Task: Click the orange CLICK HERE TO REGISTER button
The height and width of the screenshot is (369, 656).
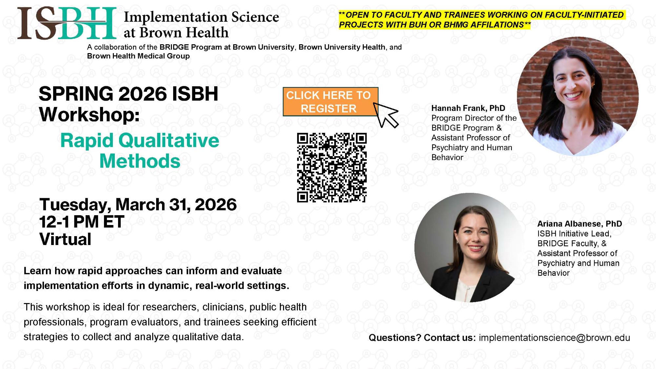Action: pyautogui.click(x=330, y=102)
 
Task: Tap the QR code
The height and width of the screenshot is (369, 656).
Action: pyautogui.click(x=332, y=167)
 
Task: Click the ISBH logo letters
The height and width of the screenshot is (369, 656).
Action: pyautogui.click(x=67, y=24)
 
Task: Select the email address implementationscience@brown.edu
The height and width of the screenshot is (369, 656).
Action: pyautogui.click(x=554, y=338)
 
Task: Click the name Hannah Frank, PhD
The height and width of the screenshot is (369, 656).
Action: pyautogui.click(x=468, y=108)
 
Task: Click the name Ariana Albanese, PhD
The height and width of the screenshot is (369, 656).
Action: pyautogui.click(x=579, y=224)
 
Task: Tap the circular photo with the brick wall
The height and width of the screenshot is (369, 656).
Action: pyautogui.click(x=578, y=96)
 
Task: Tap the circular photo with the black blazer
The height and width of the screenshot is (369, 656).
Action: pyautogui.click(x=469, y=248)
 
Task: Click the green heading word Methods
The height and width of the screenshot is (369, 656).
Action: pyautogui.click(x=140, y=161)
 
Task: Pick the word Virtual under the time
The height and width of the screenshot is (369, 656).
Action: pyautogui.click(x=65, y=239)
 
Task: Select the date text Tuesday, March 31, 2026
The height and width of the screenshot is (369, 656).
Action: pyautogui.click(x=138, y=205)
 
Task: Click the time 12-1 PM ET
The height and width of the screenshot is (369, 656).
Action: pyautogui.click(x=82, y=222)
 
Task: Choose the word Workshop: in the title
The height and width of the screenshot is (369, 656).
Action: pyautogui.click(x=89, y=114)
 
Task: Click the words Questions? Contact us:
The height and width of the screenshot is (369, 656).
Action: pyautogui.click(x=422, y=338)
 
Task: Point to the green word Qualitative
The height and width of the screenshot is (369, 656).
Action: pyautogui.click(x=169, y=141)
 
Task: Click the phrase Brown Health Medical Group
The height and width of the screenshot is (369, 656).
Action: pyautogui.click(x=138, y=56)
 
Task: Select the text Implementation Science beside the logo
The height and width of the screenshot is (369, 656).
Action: pyautogui.click(x=201, y=17)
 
